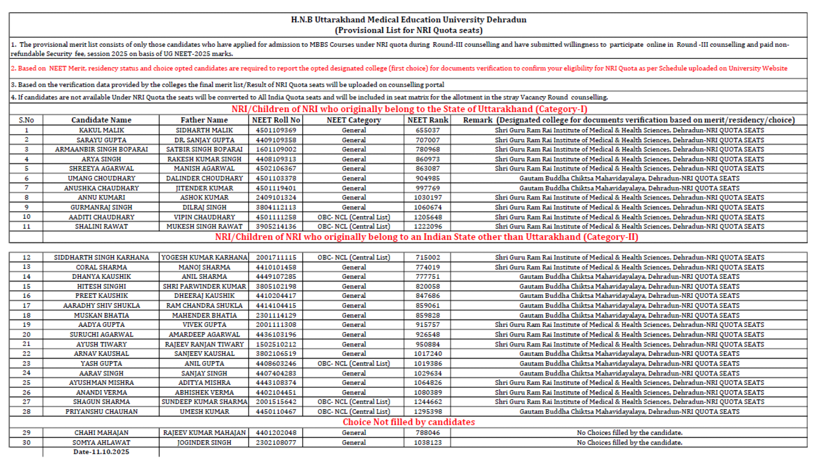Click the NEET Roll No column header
click(x=275, y=120)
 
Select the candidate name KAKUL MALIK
click(x=101, y=130)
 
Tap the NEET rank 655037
click(x=428, y=130)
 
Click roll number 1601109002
click(x=276, y=149)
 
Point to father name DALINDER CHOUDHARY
click(x=204, y=178)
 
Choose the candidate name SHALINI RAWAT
click(x=101, y=227)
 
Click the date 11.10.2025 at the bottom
click(x=101, y=452)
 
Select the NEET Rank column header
click(x=428, y=120)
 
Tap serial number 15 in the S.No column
click(x=26, y=286)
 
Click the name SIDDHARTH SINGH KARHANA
click(x=101, y=257)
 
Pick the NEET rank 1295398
click(x=428, y=412)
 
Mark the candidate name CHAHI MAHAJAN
click(x=101, y=433)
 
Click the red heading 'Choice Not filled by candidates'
click(x=409, y=422)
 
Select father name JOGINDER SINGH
click(x=204, y=443)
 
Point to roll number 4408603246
click(x=276, y=364)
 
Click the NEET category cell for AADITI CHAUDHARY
click(x=354, y=217)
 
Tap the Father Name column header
click(x=204, y=120)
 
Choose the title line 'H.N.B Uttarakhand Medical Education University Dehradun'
click(x=409, y=19)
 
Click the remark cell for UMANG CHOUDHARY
click(x=629, y=178)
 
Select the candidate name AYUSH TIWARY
click(x=101, y=344)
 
